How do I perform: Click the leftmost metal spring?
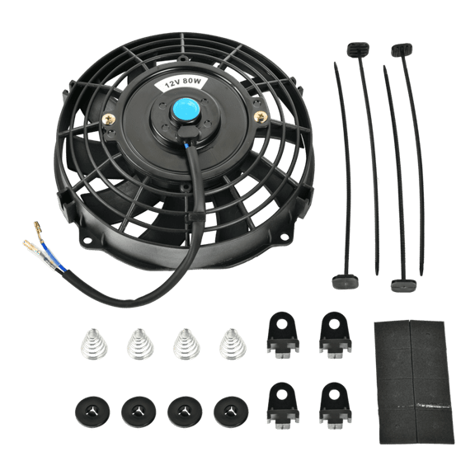(93, 342)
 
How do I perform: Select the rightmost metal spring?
(231, 342)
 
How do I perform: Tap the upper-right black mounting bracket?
(334, 332)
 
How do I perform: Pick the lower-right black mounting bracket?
(334, 404)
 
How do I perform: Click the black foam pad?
(412, 381)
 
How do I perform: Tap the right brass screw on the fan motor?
(261, 115)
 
